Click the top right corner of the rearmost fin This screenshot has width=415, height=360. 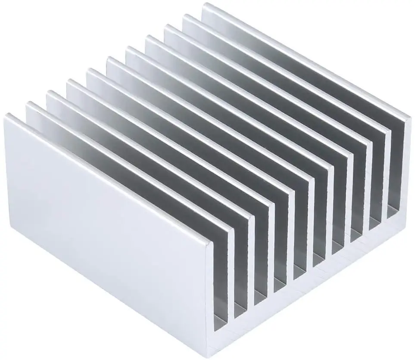tap(409, 116)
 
